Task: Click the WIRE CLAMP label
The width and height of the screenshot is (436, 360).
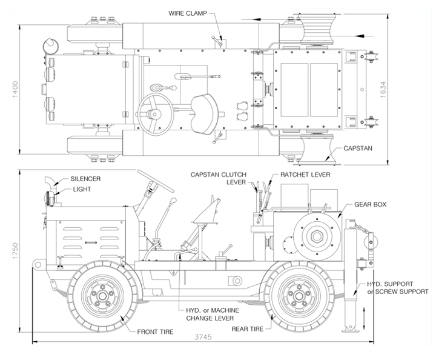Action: pyautogui.click(x=188, y=13)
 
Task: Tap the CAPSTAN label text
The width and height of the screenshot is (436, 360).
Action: pyautogui.click(x=358, y=148)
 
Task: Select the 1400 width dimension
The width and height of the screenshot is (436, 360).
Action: pyautogui.click(x=15, y=89)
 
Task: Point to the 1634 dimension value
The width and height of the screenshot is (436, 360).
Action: pyautogui.click(x=383, y=89)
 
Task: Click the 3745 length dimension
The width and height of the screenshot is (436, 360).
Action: pyautogui.click(x=203, y=337)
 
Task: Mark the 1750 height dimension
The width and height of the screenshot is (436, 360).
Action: pyautogui.click(x=15, y=251)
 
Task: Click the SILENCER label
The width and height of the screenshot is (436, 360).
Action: pyautogui.click(x=85, y=179)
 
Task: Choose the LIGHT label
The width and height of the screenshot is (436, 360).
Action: pyautogui.click(x=82, y=189)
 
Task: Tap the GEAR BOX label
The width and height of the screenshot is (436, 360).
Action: pyautogui.click(x=370, y=204)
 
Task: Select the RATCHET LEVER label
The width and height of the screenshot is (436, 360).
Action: pyautogui.click(x=305, y=175)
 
